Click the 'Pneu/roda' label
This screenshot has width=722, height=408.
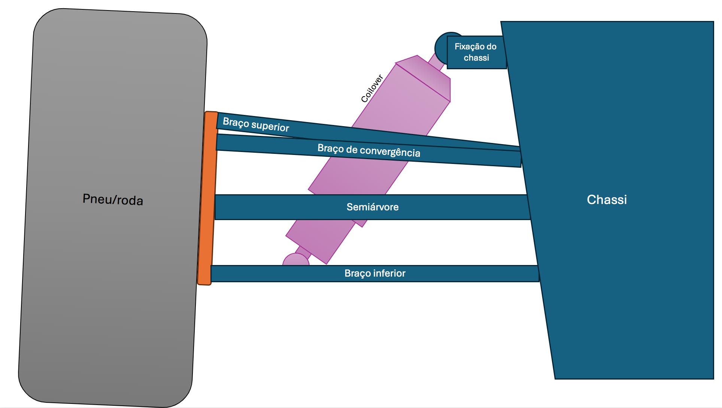(x=113, y=200)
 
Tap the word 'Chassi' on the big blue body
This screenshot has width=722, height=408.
(x=607, y=200)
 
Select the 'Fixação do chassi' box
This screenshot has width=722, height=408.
(x=476, y=52)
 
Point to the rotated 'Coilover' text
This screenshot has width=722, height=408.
(x=372, y=89)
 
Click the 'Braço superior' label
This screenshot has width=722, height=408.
(x=256, y=124)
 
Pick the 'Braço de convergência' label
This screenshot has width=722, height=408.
(x=368, y=150)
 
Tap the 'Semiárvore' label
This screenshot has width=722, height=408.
(x=372, y=207)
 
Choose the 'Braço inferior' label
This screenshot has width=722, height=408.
(x=375, y=273)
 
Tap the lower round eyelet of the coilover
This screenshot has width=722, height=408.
(x=295, y=260)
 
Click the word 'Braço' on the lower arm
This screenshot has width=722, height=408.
(x=355, y=273)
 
